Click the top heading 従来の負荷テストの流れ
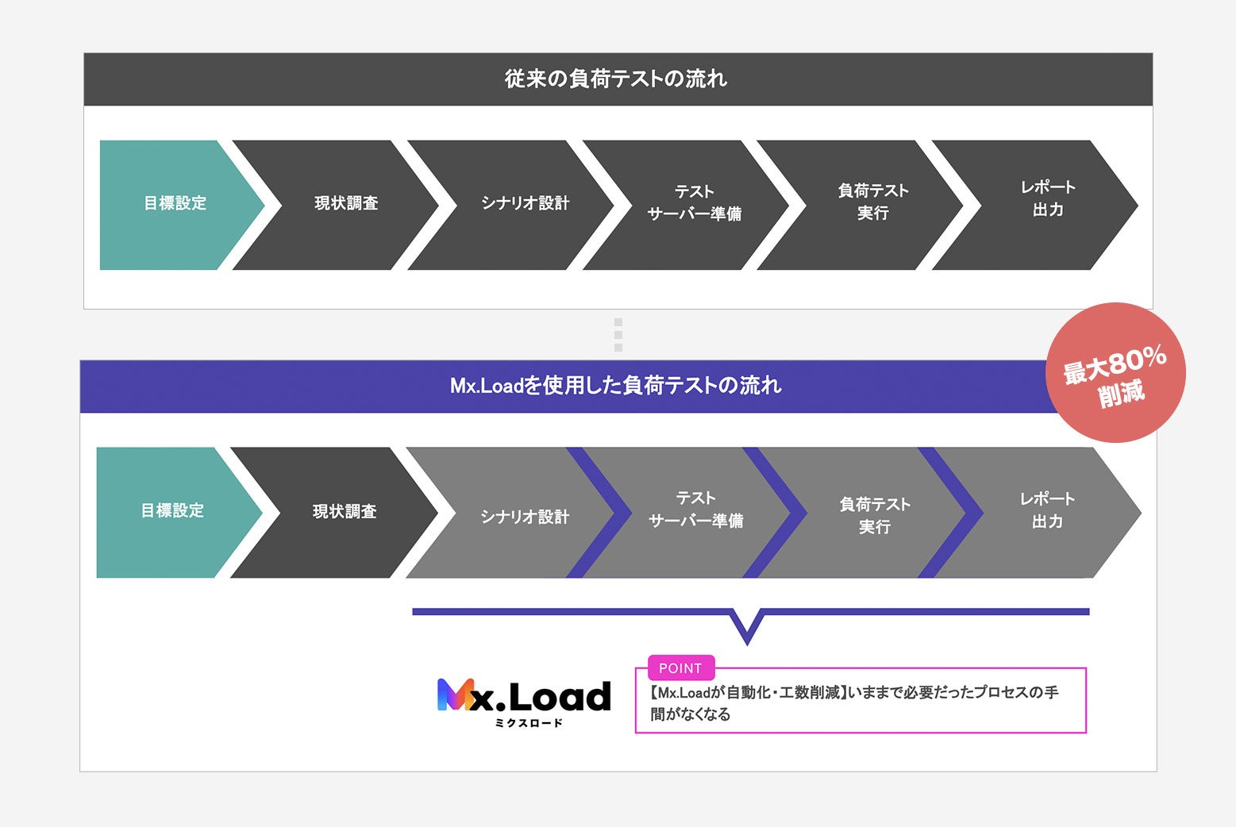coord(616,79)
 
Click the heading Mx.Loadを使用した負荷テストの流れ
coord(616,387)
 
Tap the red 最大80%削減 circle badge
coord(1115,373)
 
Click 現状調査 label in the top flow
coord(346,204)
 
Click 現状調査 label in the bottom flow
coord(345,512)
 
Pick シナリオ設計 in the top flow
coord(525,204)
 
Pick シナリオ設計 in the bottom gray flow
coord(525,517)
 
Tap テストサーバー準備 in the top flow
coord(695,203)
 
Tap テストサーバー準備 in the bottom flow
coord(696,510)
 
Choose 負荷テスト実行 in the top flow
coord(873,202)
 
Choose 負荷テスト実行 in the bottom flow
coord(875,516)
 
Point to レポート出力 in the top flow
coord(1048,198)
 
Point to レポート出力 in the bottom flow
coord(1047,510)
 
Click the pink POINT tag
coord(681,668)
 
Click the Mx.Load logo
coord(524,696)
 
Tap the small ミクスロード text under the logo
coord(529,723)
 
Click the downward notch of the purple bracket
coord(747,631)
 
